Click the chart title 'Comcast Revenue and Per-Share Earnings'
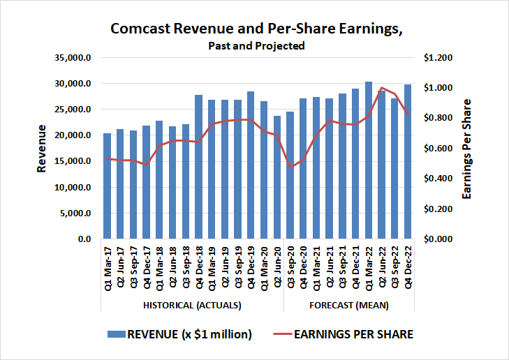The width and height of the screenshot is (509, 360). pyautogui.click(x=256, y=29)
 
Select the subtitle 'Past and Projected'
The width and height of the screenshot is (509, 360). pyautogui.click(x=256, y=46)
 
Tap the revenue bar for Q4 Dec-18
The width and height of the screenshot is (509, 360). pyautogui.click(x=198, y=167)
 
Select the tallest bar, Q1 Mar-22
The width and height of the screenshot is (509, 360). pyautogui.click(x=369, y=160)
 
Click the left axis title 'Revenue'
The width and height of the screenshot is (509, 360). pyautogui.click(x=43, y=149)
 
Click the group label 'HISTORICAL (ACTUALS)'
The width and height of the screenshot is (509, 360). pyautogui.click(x=192, y=306)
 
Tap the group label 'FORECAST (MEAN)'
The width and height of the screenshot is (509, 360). pyautogui.click(x=349, y=306)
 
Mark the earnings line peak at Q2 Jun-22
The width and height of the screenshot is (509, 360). pyautogui.click(x=381, y=88)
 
